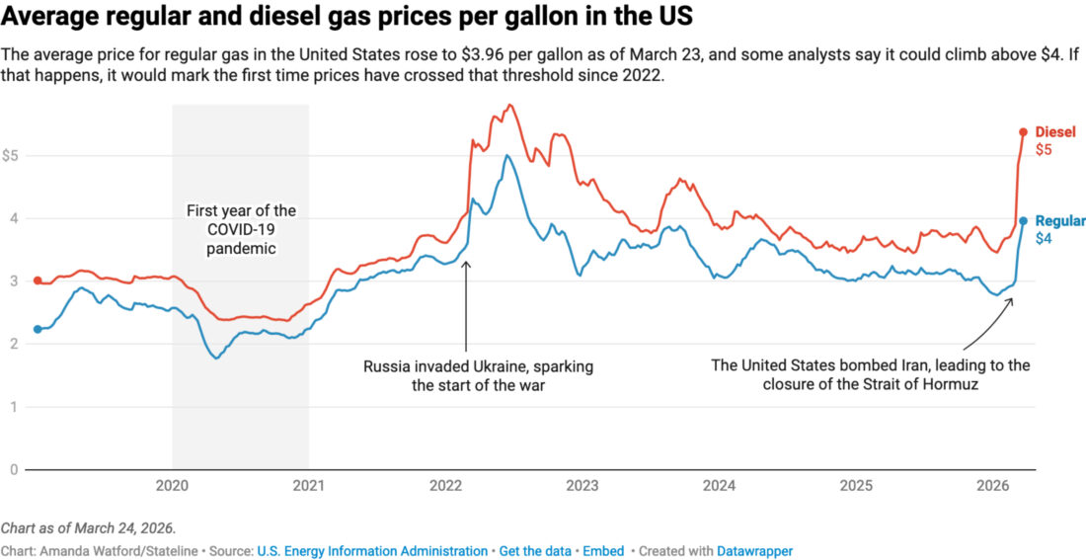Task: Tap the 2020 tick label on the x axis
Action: pos(173,485)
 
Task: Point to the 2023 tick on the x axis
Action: pos(582,485)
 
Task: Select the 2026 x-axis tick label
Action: pos(992,485)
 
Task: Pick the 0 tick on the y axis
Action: pos(14,469)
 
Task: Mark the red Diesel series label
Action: pos(1055,132)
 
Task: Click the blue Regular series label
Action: pos(1060,221)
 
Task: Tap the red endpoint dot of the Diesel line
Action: pos(1024,131)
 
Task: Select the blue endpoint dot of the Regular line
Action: pos(1024,221)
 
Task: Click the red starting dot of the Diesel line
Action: pos(38,280)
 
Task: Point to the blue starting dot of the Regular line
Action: pos(38,329)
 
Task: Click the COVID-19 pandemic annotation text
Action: pos(241,230)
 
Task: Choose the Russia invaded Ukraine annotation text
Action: pos(478,375)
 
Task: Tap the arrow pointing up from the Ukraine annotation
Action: pos(466,306)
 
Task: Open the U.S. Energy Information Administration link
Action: pos(372,551)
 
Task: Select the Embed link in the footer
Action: pos(603,551)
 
